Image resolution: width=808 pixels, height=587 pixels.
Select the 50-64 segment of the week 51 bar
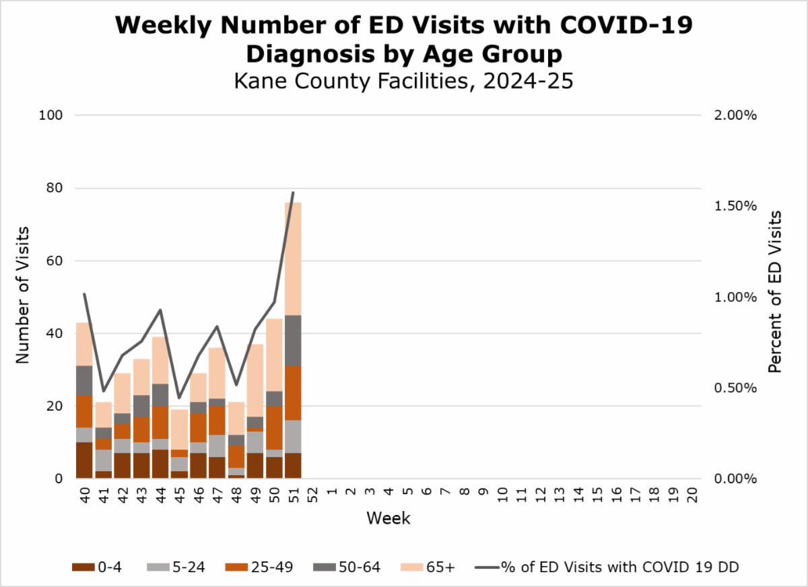[x=292, y=341]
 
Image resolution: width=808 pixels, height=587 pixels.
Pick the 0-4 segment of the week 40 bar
[x=84, y=460]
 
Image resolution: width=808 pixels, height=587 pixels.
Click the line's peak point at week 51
[x=293, y=193]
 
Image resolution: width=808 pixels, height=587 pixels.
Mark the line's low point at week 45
[x=179, y=398]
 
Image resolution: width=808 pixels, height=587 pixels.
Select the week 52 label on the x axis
[x=312, y=497]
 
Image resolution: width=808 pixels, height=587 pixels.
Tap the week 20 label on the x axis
[x=692, y=497]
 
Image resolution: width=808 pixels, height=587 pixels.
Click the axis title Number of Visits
[x=24, y=297]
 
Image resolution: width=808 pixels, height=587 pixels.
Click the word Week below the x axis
[x=389, y=518]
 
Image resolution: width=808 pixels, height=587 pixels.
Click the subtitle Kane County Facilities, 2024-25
[x=403, y=81]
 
